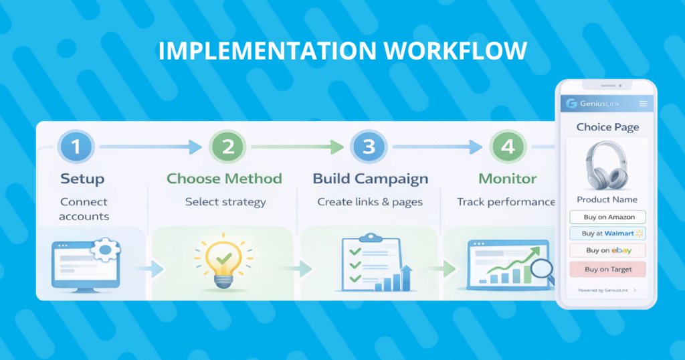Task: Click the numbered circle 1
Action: [76, 147]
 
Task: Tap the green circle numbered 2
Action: [227, 147]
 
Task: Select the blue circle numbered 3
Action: [369, 147]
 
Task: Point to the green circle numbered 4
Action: [508, 147]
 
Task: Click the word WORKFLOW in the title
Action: [456, 51]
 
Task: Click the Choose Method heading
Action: [224, 178]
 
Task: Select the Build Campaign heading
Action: [371, 179]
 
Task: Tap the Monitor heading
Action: [508, 178]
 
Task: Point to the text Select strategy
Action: [225, 202]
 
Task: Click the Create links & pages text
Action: [370, 202]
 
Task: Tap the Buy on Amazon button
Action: [607, 217]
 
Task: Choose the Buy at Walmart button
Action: [607, 234]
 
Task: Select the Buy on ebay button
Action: [607, 250]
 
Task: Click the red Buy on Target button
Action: [607, 269]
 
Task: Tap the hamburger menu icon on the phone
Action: [643, 104]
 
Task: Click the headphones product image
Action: [607, 165]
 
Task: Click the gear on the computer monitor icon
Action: [105, 250]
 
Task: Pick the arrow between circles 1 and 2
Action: [151, 147]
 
